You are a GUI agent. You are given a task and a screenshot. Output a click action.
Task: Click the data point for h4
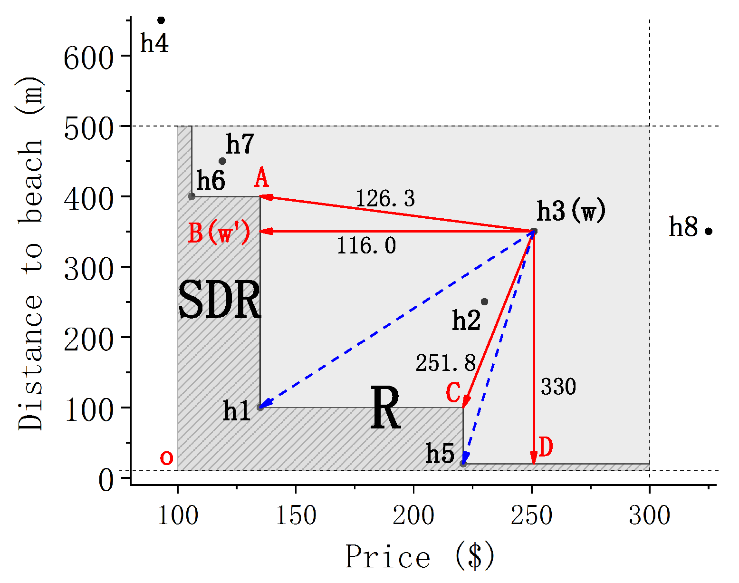pyautogui.click(x=161, y=20)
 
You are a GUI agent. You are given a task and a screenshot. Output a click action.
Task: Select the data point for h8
pyautogui.click(x=708, y=232)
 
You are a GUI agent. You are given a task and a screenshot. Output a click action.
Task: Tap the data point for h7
pyautogui.click(x=222, y=161)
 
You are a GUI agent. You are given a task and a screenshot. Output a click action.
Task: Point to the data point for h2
pyautogui.click(x=484, y=302)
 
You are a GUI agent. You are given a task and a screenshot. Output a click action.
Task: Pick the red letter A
pyautogui.click(x=261, y=179)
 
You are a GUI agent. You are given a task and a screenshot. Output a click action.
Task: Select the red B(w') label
pyautogui.click(x=219, y=233)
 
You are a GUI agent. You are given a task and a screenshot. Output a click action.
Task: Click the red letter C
pyautogui.click(x=453, y=393)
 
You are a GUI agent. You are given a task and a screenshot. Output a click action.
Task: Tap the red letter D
pyautogui.click(x=546, y=447)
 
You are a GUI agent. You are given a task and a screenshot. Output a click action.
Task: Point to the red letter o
pyautogui.click(x=166, y=458)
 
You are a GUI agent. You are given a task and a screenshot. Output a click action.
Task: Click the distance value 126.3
pyautogui.click(x=385, y=198)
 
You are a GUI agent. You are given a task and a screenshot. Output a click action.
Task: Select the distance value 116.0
pyautogui.click(x=366, y=246)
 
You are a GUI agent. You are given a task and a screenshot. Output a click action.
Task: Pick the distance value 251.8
pyautogui.click(x=445, y=363)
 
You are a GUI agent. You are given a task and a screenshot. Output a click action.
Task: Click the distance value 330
pyautogui.click(x=558, y=387)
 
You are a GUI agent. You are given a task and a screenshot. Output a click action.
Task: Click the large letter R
pyautogui.click(x=385, y=408)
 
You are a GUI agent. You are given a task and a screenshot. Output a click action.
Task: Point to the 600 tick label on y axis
pyautogui.click(x=89, y=59)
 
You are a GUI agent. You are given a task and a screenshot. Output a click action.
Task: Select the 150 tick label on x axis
pyautogui.click(x=296, y=515)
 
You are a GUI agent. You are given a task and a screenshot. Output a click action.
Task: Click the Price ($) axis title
pyautogui.click(x=420, y=556)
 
